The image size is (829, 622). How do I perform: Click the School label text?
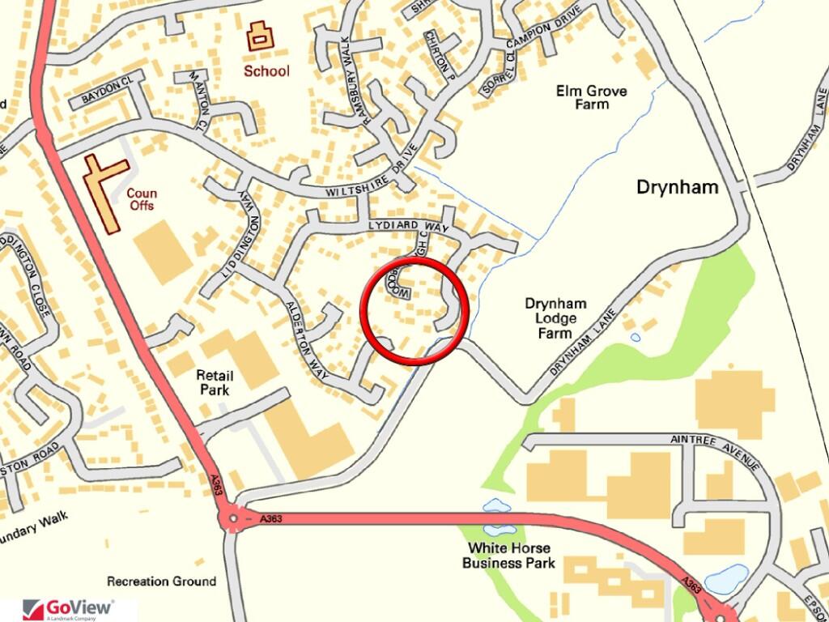[266, 70]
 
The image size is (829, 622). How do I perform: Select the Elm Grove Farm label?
[591, 97]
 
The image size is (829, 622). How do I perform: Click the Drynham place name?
[677, 187]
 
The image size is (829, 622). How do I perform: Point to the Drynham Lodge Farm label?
[555, 318]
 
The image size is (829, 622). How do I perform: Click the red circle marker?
[414, 312]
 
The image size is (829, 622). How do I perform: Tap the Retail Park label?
[215, 382]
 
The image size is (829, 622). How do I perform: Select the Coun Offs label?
[141, 199]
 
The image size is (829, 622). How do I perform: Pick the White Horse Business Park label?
[508, 555]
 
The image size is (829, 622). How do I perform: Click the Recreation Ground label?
[161, 581]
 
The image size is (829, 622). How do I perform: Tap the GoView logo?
[69, 608]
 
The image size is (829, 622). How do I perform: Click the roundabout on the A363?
[233, 517]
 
